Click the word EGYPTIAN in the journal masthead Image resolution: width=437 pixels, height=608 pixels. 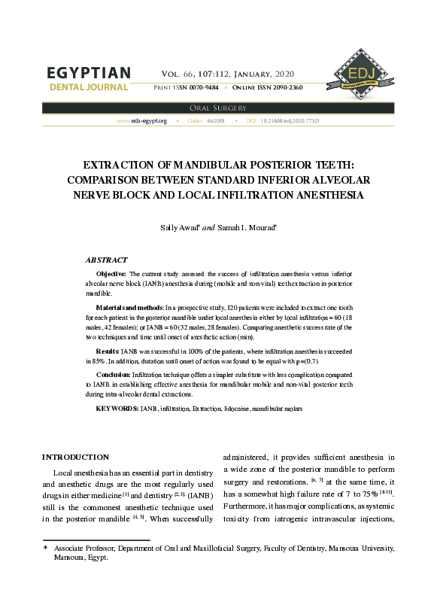89,74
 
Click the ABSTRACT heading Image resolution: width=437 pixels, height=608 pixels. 106,260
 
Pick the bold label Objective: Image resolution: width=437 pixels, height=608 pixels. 112,274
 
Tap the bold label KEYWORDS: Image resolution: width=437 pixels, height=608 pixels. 117,408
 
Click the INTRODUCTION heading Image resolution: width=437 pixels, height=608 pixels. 75,457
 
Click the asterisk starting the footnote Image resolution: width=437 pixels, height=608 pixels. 45,549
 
